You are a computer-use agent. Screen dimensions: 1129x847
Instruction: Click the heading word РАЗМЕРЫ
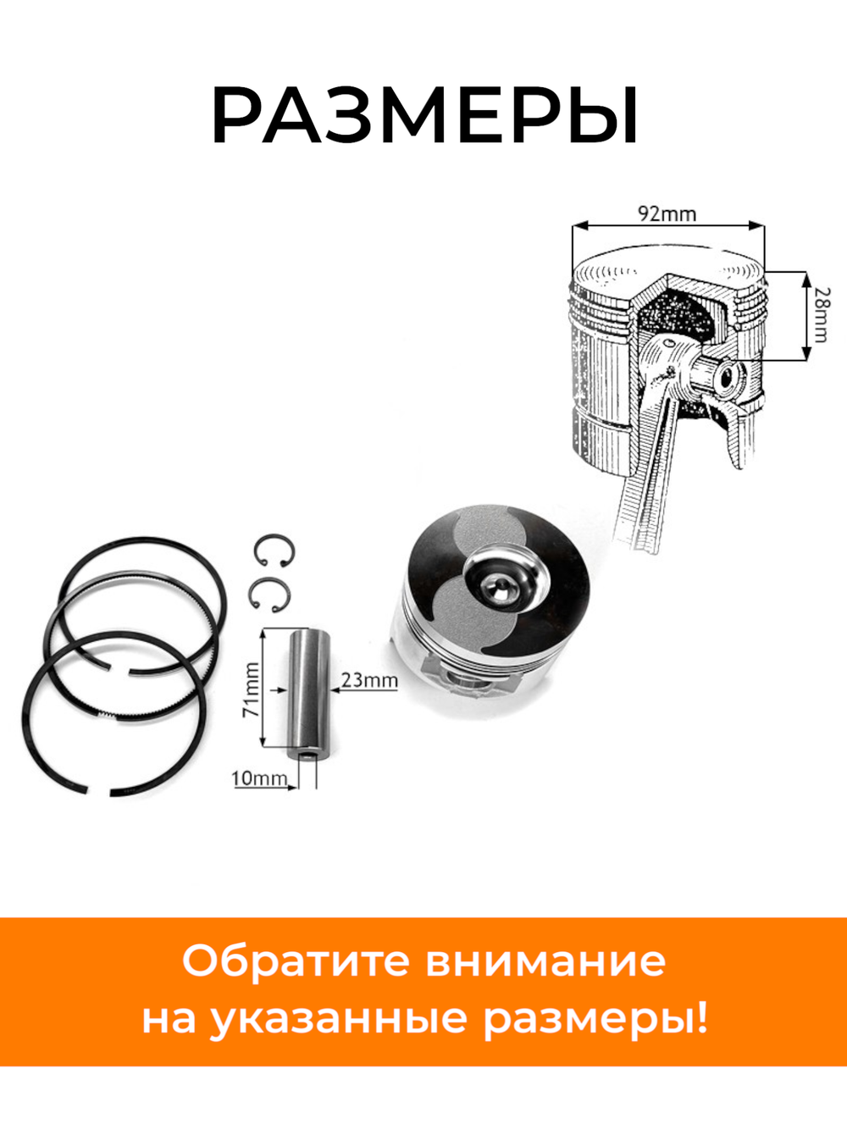(x=423, y=117)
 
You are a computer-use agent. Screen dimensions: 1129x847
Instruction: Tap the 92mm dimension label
(x=667, y=213)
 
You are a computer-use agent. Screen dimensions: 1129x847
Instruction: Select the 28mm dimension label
(x=821, y=314)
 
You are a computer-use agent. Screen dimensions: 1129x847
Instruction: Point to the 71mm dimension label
(x=252, y=689)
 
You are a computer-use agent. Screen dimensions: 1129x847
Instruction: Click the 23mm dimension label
(x=368, y=679)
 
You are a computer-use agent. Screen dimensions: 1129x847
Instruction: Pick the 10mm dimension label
(x=258, y=777)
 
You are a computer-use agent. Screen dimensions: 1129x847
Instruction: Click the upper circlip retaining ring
(x=274, y=551)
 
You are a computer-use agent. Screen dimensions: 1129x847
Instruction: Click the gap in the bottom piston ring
(x=99, y=793)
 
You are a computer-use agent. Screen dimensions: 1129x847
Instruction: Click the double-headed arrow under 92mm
(x=667, y=226)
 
